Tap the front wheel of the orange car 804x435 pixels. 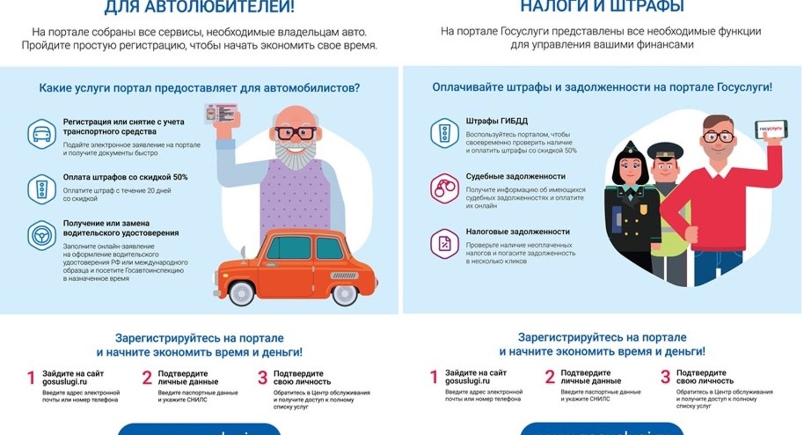click(x=242, y=292)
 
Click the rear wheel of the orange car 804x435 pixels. click(x=344, y=293)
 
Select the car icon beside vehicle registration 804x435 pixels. click(x=42, y=134)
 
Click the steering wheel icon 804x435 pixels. click(x=42, y=235)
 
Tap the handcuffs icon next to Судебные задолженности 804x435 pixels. click(x=444, y=189)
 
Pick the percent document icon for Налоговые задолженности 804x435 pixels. click(x=444, y=244)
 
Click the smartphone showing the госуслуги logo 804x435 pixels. click(x=770, y=129)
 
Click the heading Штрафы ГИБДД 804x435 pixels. click(x=497, y=121)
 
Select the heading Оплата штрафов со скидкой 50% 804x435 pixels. click(x=125, y=177)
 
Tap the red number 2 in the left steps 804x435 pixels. click(x=147, y=378)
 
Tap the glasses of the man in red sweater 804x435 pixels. click(x=718, y=136)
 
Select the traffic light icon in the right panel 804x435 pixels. click(x=444, y=133)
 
